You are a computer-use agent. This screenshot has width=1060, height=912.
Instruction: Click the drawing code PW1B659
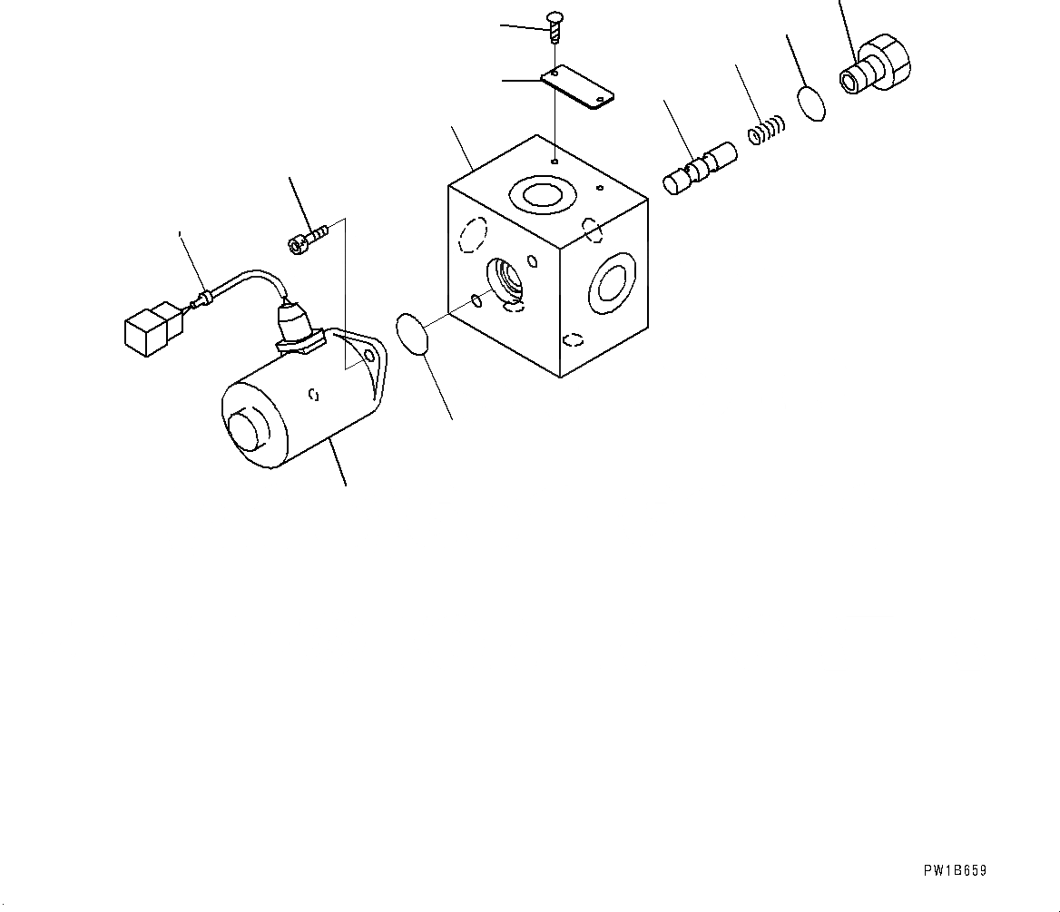point(955,870)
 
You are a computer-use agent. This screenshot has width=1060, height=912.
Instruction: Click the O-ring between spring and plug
point(813,103)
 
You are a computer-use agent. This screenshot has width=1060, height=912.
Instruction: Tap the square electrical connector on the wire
point(148,326)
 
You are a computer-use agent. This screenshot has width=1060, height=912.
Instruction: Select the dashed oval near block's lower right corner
point(573,340)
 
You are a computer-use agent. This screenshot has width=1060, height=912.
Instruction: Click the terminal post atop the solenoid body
point(296,322)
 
